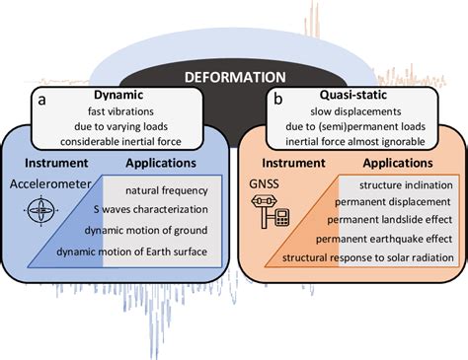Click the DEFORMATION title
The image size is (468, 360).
click(x=234, y=76)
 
